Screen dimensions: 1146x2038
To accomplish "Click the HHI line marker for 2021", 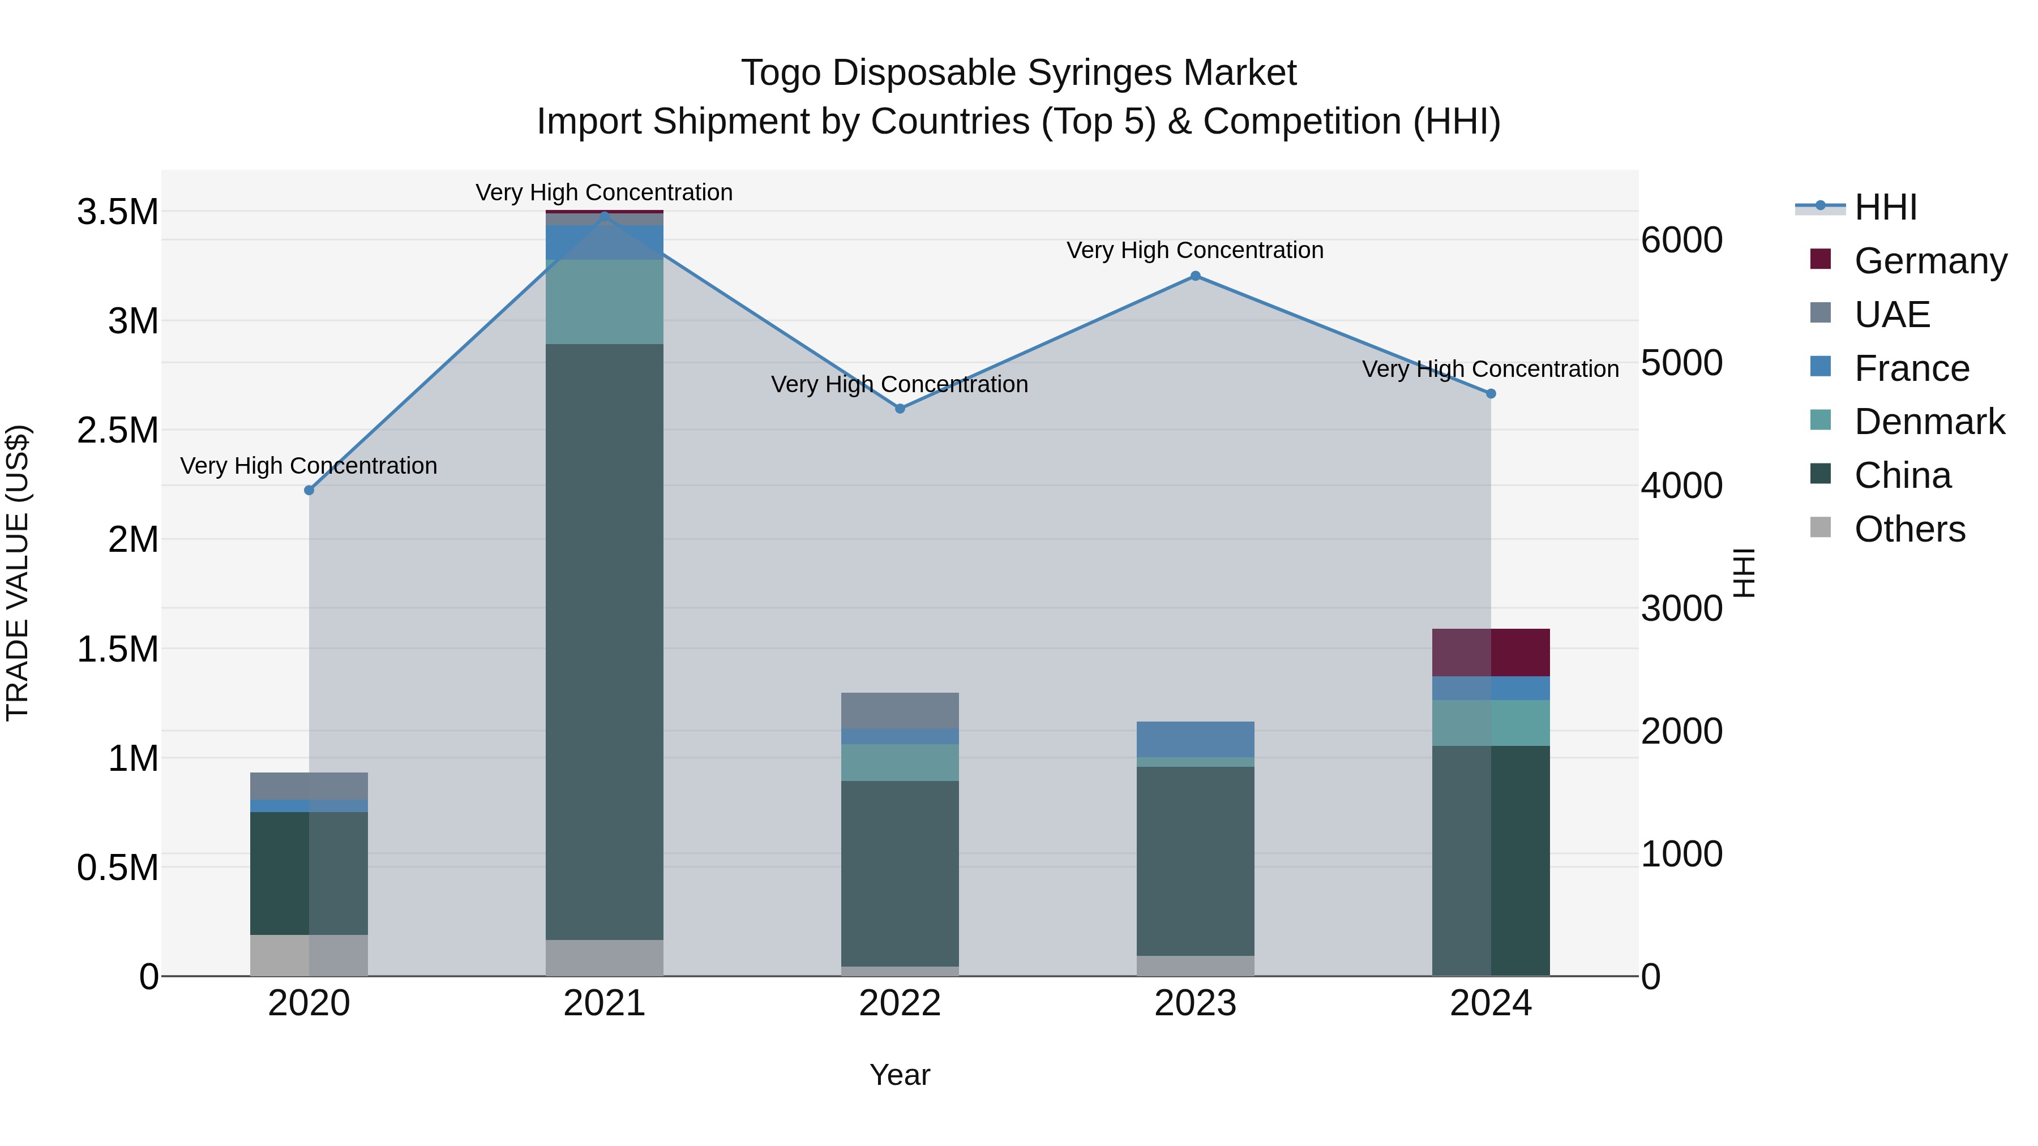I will (605, 216).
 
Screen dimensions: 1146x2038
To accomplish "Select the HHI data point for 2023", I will (1196, 276).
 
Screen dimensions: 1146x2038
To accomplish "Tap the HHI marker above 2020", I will (309, 490).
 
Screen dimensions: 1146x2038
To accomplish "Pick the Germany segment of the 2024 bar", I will (1491, 653).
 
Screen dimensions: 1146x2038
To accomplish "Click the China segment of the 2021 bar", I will (605, 641).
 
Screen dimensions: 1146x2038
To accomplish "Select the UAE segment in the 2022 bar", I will (900, 710).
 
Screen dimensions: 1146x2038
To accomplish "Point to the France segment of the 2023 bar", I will (1196, 739).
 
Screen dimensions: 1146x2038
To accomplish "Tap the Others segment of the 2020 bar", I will (309, 955).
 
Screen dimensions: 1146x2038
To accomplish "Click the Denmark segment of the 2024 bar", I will (1491, 722).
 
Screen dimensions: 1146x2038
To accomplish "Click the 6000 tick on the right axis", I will (1681, 239).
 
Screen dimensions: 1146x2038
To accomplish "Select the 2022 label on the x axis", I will (900, 1003).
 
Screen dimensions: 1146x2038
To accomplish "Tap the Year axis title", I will (900, 1075).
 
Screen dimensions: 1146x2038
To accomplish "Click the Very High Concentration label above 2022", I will (900, 384).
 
